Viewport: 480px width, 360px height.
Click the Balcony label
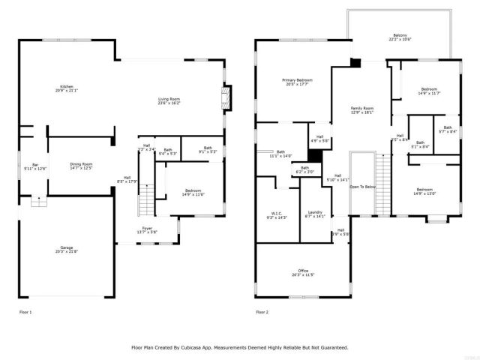401,35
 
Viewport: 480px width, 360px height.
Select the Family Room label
362,109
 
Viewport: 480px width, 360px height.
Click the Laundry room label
315,212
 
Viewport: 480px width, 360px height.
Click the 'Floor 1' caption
26,311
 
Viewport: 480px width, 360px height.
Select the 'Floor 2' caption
262,311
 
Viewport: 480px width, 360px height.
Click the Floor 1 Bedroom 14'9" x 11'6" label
194,192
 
